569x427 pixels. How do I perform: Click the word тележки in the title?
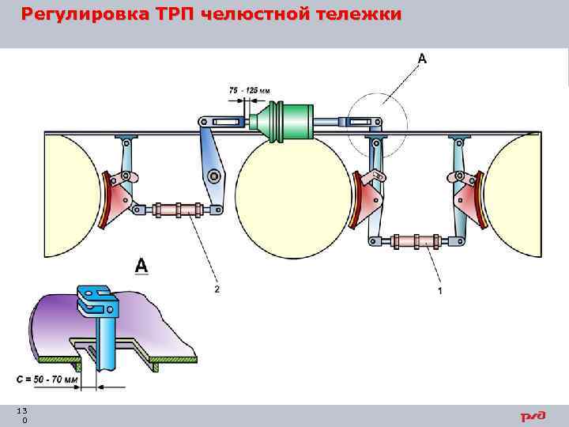point(360,15)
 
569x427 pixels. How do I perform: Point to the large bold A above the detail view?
point(141,266)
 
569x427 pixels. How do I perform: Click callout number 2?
point(217,290)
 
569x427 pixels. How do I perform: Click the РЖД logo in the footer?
point(533,416)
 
